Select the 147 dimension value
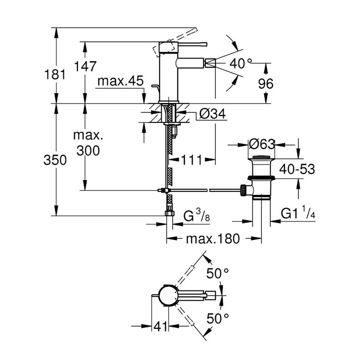click(x=86, y=66)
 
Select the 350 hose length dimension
click(x=55, y=160)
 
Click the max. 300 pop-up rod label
click(x=88, y=143)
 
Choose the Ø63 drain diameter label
click(x=261, y=144)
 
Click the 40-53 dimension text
click(x=297, y=169)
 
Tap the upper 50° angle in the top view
click(x=219, y=274)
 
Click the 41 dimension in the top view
click(x=160, y=326)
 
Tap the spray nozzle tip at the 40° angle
click(x=210, y=64)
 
